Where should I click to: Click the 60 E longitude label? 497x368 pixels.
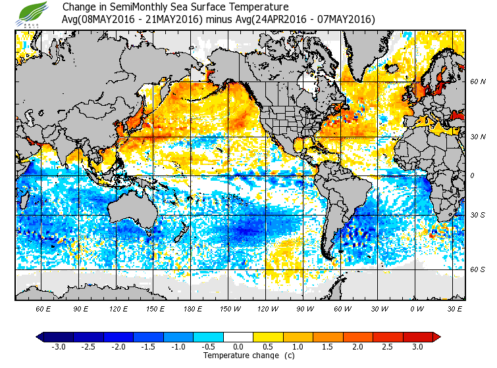(43, 308)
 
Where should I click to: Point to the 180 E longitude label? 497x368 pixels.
(193, 308)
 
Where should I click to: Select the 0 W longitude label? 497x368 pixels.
(416, 308)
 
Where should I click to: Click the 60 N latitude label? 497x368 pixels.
(477, 82)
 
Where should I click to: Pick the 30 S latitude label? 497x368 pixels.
(477, 216)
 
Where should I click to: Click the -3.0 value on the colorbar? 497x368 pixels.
(58, 346)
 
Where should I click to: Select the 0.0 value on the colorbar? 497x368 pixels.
(238, 346)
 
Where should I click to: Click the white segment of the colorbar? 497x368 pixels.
(238, 336)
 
